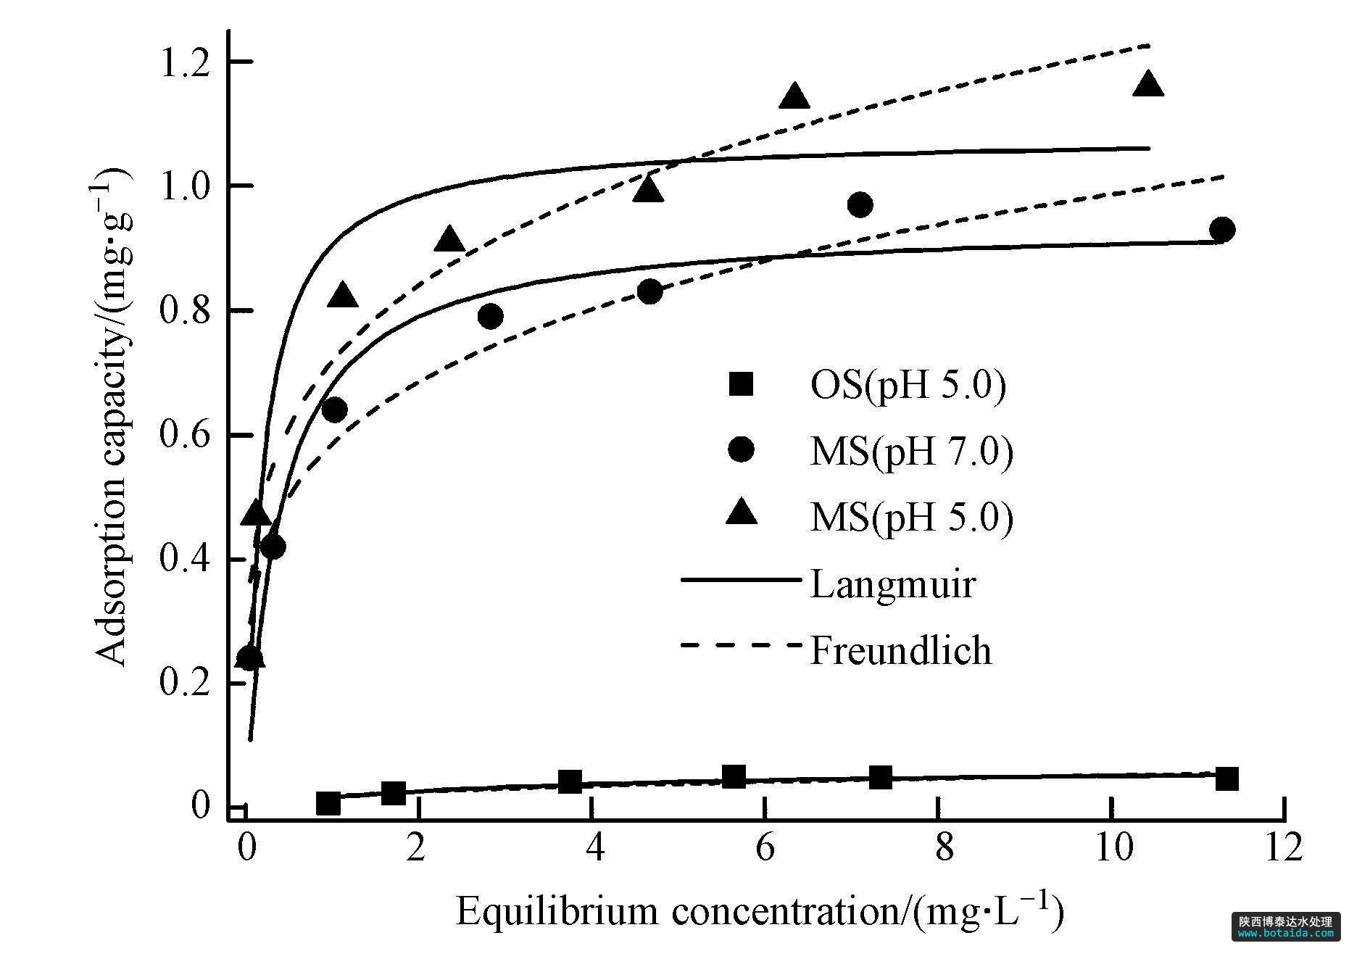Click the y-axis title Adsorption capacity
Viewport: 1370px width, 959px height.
(x=112, y=416)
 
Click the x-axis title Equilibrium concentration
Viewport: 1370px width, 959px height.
(x=760, y=910)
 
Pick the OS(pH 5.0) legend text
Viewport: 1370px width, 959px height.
(x=908, y=386)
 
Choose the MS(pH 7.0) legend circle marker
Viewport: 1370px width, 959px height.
(x=742, y=450)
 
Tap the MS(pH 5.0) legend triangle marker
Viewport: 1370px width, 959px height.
(x=742, y=514)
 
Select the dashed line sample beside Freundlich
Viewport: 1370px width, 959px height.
(x=742, y=644)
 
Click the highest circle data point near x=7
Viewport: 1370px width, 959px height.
(x=860, y=205)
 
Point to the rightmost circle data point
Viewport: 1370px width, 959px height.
(x=1222, y=230)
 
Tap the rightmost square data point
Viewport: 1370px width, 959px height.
(x=1226, y=779)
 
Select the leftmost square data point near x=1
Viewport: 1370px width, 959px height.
(x=328, y=803)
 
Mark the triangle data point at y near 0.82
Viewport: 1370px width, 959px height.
(x=343, y=296)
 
